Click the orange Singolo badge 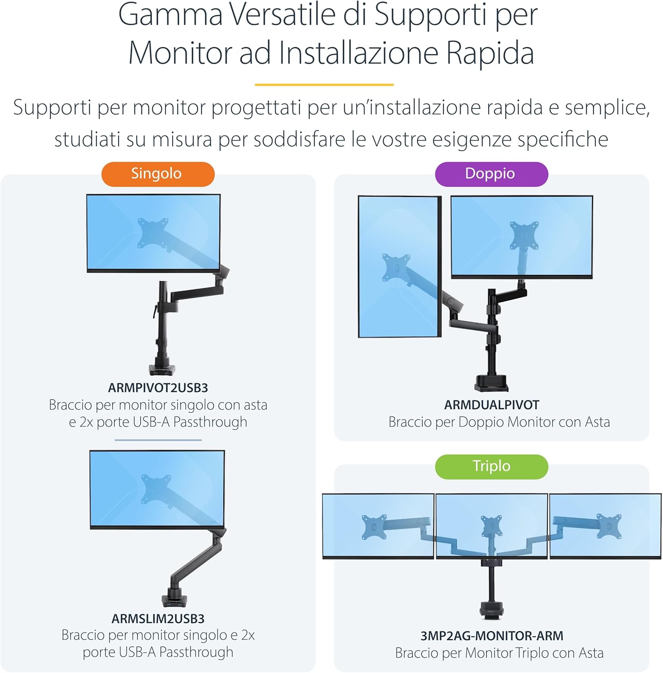click(x=158, y=174)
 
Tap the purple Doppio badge click(x=491, y=174)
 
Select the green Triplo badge click(x=491, y=467)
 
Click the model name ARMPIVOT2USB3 click(x=158, y=388)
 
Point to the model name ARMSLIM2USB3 click(x=158, y=619)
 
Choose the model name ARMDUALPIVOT click(x=492, y=405)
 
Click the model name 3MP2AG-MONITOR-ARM click(x=492, y=636)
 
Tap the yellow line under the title click(x=324, y=84)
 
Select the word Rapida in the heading click(x=490, y=53)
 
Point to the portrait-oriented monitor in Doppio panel click(x=399, y=267)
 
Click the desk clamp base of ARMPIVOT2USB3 click(x=162, y=368)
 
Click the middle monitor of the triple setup click(x=492, y=526)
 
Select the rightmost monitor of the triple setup click(x=605, y=526)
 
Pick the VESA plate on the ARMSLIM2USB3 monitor click(x=156, y=489)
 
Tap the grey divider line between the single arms click(x=158, y=440)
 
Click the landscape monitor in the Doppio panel click(x=522, y=237)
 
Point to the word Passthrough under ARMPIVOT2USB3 click(x=210, y=422)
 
